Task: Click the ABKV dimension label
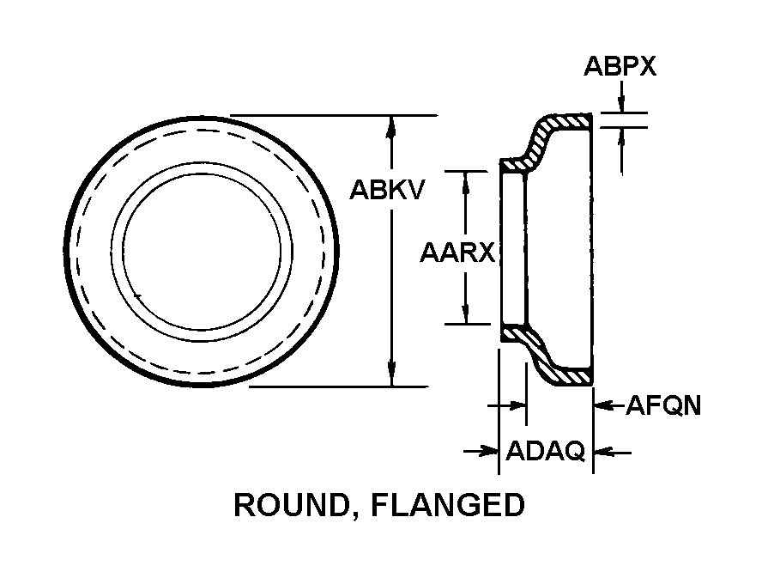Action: coord(386,190)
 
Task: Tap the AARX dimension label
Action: coord(457,253)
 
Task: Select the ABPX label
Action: coord(620,67)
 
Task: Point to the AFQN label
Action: coord(662,405)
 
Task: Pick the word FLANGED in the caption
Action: coord(447,506)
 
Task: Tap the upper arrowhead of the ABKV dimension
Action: coord(391,125)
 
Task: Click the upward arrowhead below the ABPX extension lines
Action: coord(621,137)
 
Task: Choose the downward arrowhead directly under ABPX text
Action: coord(621,105)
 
